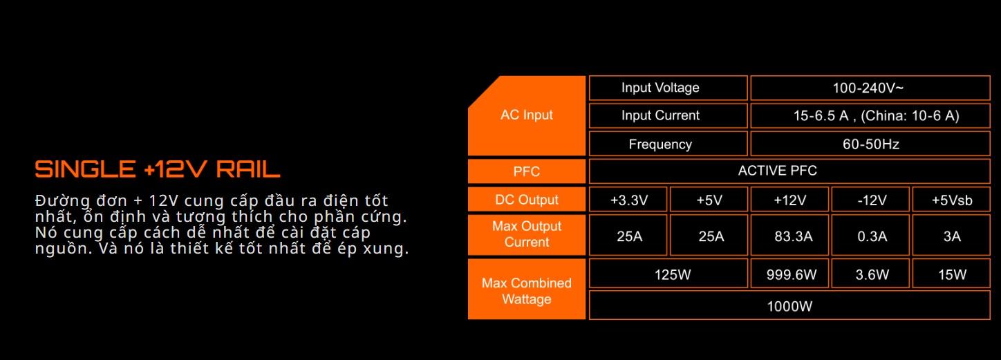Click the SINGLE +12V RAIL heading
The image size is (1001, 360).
[x=158, y=169]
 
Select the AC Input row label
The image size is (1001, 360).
[x=527, y=115]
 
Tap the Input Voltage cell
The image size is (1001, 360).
[x=660, y=88]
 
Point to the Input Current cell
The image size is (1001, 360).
[x=660, y=115]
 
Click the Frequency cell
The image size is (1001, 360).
[x=660, y=144]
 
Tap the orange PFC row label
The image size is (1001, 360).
[x=527, y=171]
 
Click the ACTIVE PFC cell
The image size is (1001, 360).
[x=778, y=171]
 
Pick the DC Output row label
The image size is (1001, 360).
[x=527, y=200]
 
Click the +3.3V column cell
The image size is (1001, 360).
[x=629, y=200]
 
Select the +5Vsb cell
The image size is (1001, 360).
[x=952, y=200]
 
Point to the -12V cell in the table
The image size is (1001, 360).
[x=872, y=200]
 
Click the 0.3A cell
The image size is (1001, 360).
[x=872, y=236]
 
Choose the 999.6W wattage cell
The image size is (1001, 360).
[x=792, y=275]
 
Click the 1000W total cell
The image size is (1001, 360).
[x=789, y=306]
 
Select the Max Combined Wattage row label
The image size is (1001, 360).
[x=527, y=291]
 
